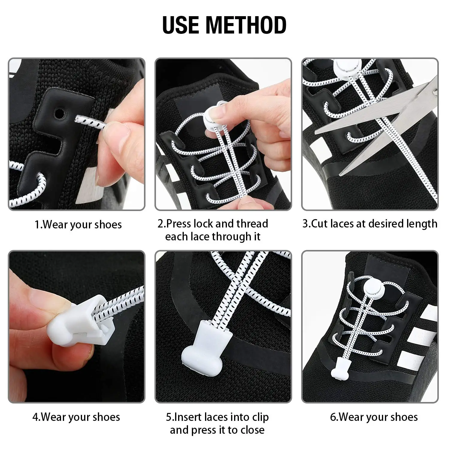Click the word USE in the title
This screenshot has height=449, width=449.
click(180, 25)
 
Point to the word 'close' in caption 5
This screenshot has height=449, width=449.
click(252, 430)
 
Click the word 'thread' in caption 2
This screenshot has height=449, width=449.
click(252, 224)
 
